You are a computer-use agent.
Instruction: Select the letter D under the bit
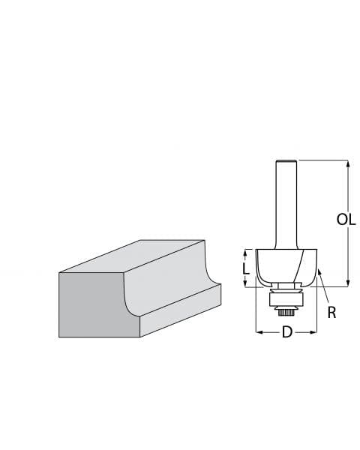286,332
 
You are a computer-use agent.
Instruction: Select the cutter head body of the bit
285,266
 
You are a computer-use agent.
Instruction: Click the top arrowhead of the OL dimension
347,163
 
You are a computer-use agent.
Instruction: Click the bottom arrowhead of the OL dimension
347,283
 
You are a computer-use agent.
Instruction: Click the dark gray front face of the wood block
90,304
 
